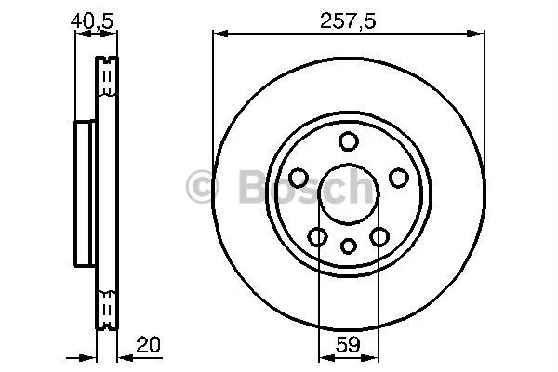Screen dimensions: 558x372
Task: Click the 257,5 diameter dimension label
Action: tap(348, 20)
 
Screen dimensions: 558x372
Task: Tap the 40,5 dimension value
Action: tap(92, 20)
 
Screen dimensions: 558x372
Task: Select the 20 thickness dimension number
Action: tap(148, 344)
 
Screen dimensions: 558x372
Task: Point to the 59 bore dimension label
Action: tap(348, 344)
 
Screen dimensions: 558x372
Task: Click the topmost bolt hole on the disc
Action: tap(349, 141)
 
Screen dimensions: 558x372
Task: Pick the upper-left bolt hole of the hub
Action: tap(299, 178)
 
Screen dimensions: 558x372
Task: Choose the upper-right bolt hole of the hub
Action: tap(399, 178)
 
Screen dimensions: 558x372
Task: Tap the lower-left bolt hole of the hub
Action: tap(317, 237)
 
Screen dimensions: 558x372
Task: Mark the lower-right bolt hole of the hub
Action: tap(379, 237)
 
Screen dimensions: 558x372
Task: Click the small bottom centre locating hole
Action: tap(349, 246)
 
